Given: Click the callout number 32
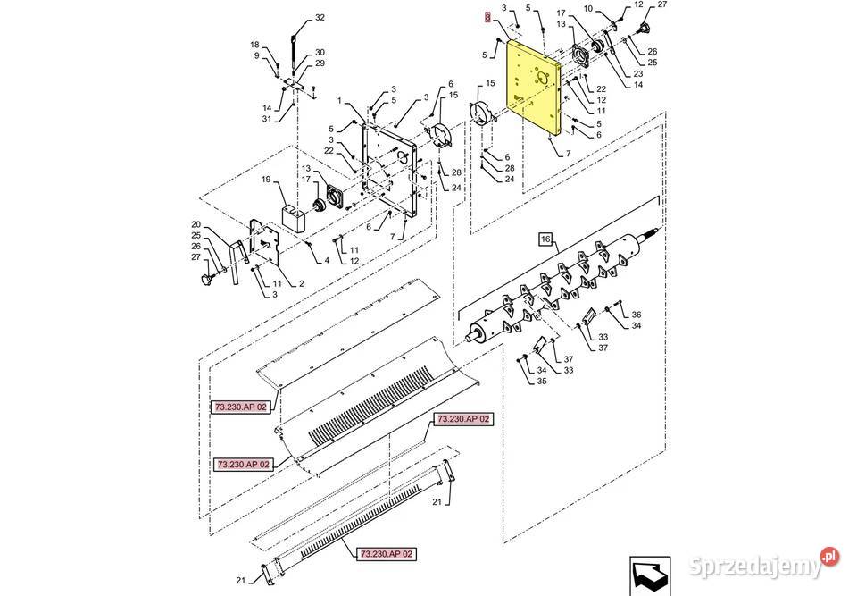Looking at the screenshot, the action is [x=320, y=18].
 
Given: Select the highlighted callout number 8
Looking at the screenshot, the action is [x=487, y=18].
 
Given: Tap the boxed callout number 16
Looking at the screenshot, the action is [x=545, y=239].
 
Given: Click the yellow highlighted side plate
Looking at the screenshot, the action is [x=533, y=88].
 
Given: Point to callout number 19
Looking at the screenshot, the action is [x=266, y=180].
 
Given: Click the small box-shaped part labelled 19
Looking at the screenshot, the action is [x=294, y=217].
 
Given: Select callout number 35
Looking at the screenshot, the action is [x=542, y=381].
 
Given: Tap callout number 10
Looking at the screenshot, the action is [x=588, y=9].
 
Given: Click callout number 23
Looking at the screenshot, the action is [x=637, y=74].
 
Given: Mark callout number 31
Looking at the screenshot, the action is [x=266, y=119].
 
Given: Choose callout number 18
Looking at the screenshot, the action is [x=255, y=45].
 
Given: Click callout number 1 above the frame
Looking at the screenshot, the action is [x=339, y=101].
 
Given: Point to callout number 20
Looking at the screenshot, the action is [x=196, y=224].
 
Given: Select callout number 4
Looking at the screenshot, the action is [x=327, y=261].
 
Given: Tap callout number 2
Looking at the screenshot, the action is [x=301, y=283].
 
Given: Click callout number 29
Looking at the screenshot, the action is [x=320, y=63].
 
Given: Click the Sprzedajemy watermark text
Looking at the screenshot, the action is [x=756, y=566].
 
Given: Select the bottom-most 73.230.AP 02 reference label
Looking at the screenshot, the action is [x=387, y=554].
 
